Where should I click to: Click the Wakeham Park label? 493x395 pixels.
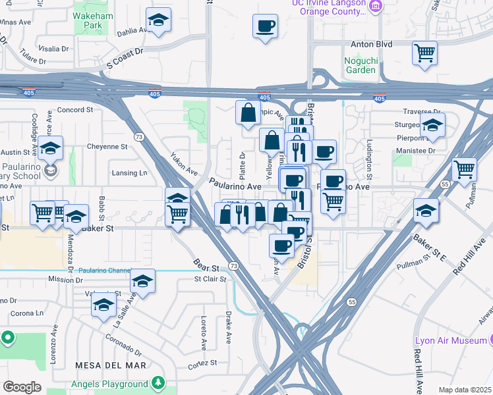(x=88, y=18)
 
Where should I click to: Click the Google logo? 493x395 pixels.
(x=22, y=386)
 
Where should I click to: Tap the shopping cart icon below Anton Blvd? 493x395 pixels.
(x=424, y=52)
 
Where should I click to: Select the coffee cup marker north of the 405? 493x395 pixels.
(x=265, y=26)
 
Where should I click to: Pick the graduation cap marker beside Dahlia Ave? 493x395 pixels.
(x=158, y=20)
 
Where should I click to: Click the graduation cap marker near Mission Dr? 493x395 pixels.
(x=142, y=280)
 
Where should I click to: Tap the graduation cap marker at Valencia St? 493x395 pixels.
(x=103, y=305)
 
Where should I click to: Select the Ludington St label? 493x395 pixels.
(x=369, y=164)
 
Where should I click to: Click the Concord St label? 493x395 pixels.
(x=74, y=110)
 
